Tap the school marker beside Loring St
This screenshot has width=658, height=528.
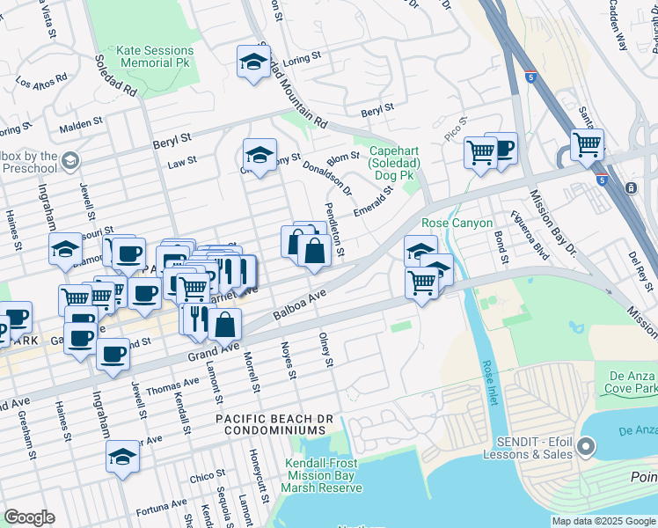click(252, 62)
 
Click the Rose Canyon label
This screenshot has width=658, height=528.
click(457, 223)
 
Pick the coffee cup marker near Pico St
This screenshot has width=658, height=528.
click(501, 149)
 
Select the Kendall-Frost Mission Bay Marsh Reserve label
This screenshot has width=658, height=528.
click(323, 476)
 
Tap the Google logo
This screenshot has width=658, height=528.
click(29, 517)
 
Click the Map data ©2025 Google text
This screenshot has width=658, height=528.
click(603, 521)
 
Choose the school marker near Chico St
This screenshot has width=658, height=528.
click(122, 457)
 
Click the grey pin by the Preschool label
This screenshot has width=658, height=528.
click(70, 161)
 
